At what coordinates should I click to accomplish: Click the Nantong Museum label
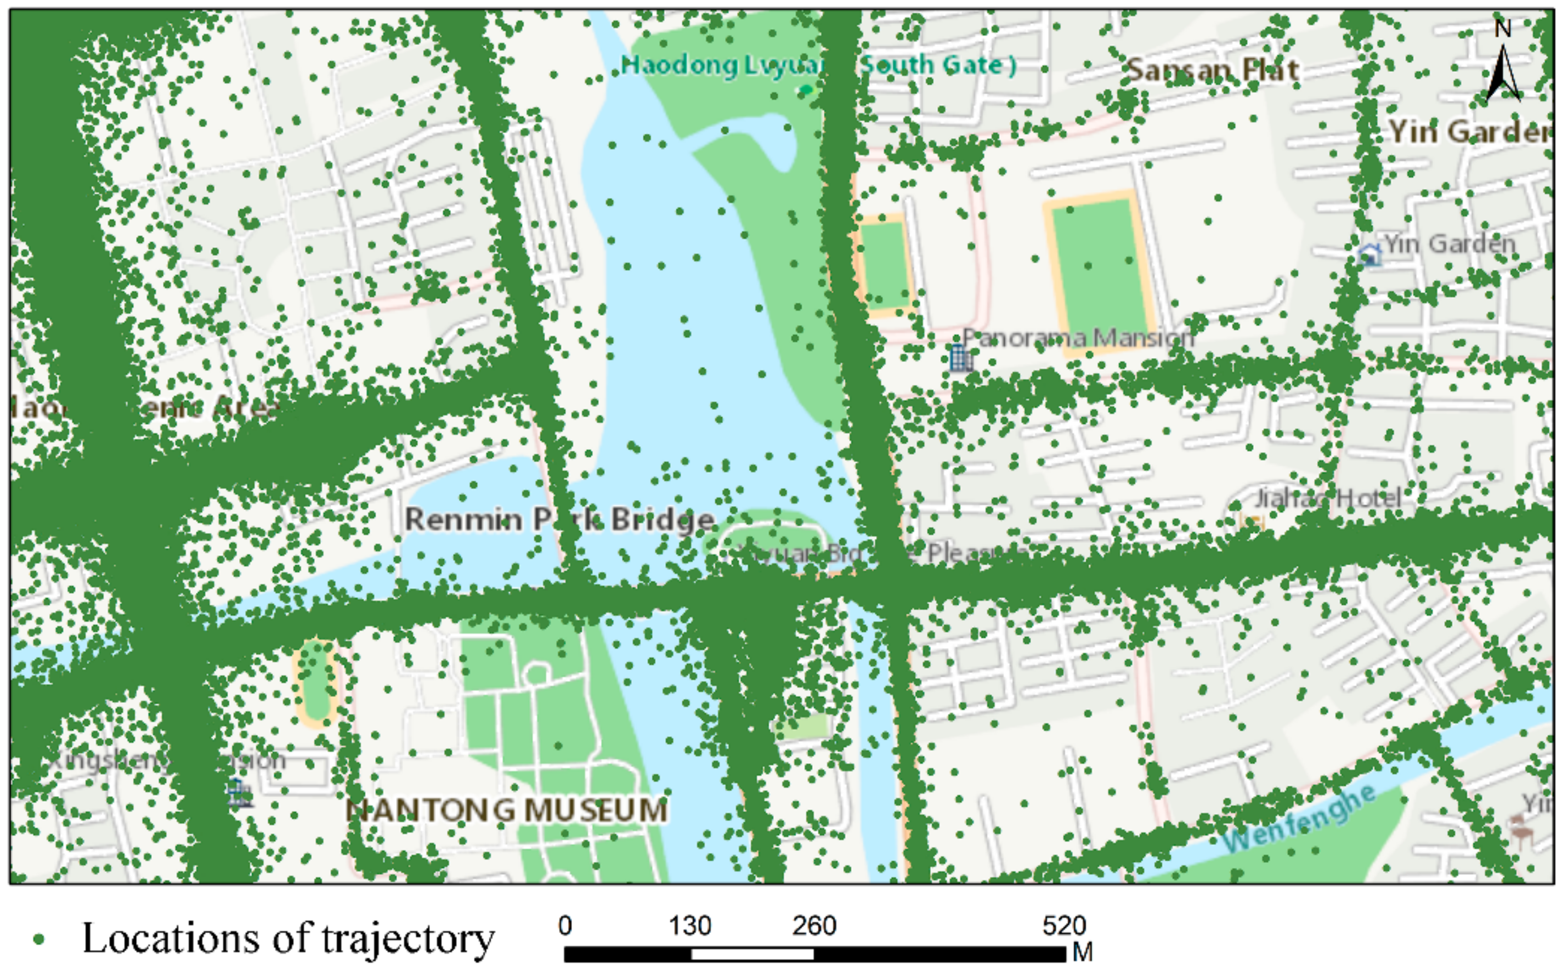pos(507,810)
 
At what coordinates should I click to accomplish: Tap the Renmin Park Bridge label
pos(559,519)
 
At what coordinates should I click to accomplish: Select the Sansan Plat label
pos(1213,69)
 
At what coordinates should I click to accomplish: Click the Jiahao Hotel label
pos(1327,498)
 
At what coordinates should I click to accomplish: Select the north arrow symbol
pos(1503,74)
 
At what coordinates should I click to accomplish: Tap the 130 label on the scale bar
pos(690,926)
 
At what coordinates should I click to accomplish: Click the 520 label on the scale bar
pos(1064,926)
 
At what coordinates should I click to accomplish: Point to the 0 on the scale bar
pos(565,926)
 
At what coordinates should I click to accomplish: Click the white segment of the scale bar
pos(752,953)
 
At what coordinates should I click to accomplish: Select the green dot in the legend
pos(39,940)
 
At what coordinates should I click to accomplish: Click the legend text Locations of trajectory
pos(288,938)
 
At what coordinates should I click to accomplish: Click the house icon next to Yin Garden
pos(1369,254)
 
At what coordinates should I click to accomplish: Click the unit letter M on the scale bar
pos(1083,952)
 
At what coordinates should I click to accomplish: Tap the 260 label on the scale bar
pos(814,926)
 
